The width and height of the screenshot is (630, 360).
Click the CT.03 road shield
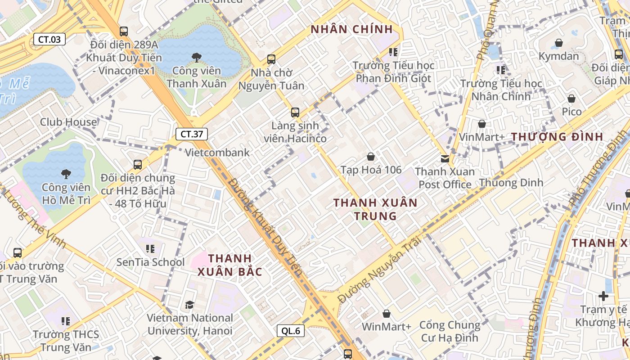click(49, 39)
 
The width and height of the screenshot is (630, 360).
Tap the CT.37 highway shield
click(192, 134)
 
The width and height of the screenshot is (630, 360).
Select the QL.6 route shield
click(291, 331)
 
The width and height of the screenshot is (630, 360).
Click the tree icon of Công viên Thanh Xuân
click(196, 58)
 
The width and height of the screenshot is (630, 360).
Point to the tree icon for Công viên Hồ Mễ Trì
click(66, 174)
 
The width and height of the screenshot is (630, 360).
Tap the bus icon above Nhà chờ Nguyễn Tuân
click(271, 59)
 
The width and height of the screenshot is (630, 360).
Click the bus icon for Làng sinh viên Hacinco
click(295, 112)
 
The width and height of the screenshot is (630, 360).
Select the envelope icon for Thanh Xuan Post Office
click(445, 158)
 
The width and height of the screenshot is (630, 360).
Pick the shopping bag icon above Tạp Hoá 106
click(371, 157)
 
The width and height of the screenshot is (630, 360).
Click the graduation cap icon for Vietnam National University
click(189, 305)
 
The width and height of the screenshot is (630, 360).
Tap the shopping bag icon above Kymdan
click(558, 43)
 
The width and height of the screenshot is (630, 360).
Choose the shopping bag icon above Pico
click(571, 98)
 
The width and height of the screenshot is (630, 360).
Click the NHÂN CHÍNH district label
click(352, 30)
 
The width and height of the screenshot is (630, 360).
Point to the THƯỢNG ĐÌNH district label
click(557, 137)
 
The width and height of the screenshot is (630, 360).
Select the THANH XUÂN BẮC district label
click(230, 265)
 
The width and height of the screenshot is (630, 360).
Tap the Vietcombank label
click(217, 153)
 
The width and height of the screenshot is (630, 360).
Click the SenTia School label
click(150, 262)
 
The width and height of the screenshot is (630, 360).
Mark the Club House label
click(68, 122)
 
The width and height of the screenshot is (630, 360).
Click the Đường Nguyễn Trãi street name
click(380, 270)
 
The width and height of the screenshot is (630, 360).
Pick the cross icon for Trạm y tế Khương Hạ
click(603, 296)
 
